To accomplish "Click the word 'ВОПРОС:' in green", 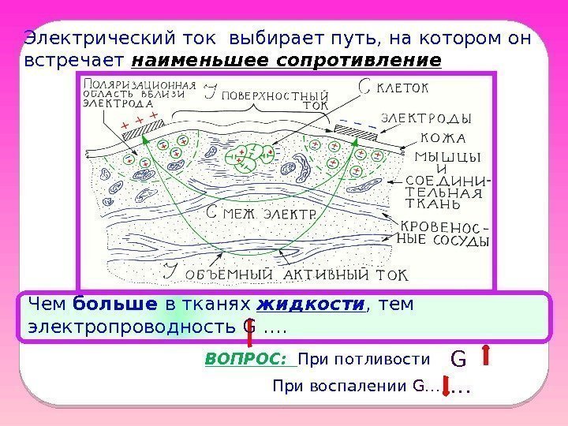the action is pos(250,360).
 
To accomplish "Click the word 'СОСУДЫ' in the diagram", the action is pos(456,241).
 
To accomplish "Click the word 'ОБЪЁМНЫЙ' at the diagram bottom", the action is pos(231,275).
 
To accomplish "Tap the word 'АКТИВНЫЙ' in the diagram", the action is pos(330,275).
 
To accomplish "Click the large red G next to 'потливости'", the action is pos(458,359).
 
